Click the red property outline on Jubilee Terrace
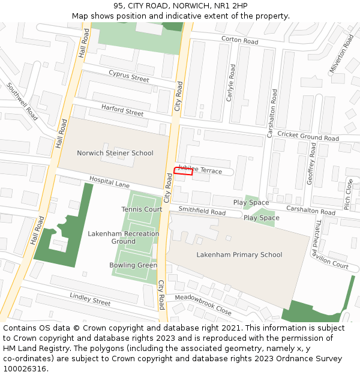[x=183, y=171]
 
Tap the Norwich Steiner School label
[x=115, y=153]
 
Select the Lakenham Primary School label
[x=239, y=254]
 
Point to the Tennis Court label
[x=142, y=209]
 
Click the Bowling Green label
[x=133, y=265]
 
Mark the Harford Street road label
[x=122, y=110]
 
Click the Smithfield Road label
[x=202, y=211]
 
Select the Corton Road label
[x=239, y=40]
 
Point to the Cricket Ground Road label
[x=308, y=137]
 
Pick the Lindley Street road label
[x=90, y=299]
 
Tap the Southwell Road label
[x=22, y=101]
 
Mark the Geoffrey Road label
[x=311, y=172]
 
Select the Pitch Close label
[x=349, y=194]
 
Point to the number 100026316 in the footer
[x=24, y=369]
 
